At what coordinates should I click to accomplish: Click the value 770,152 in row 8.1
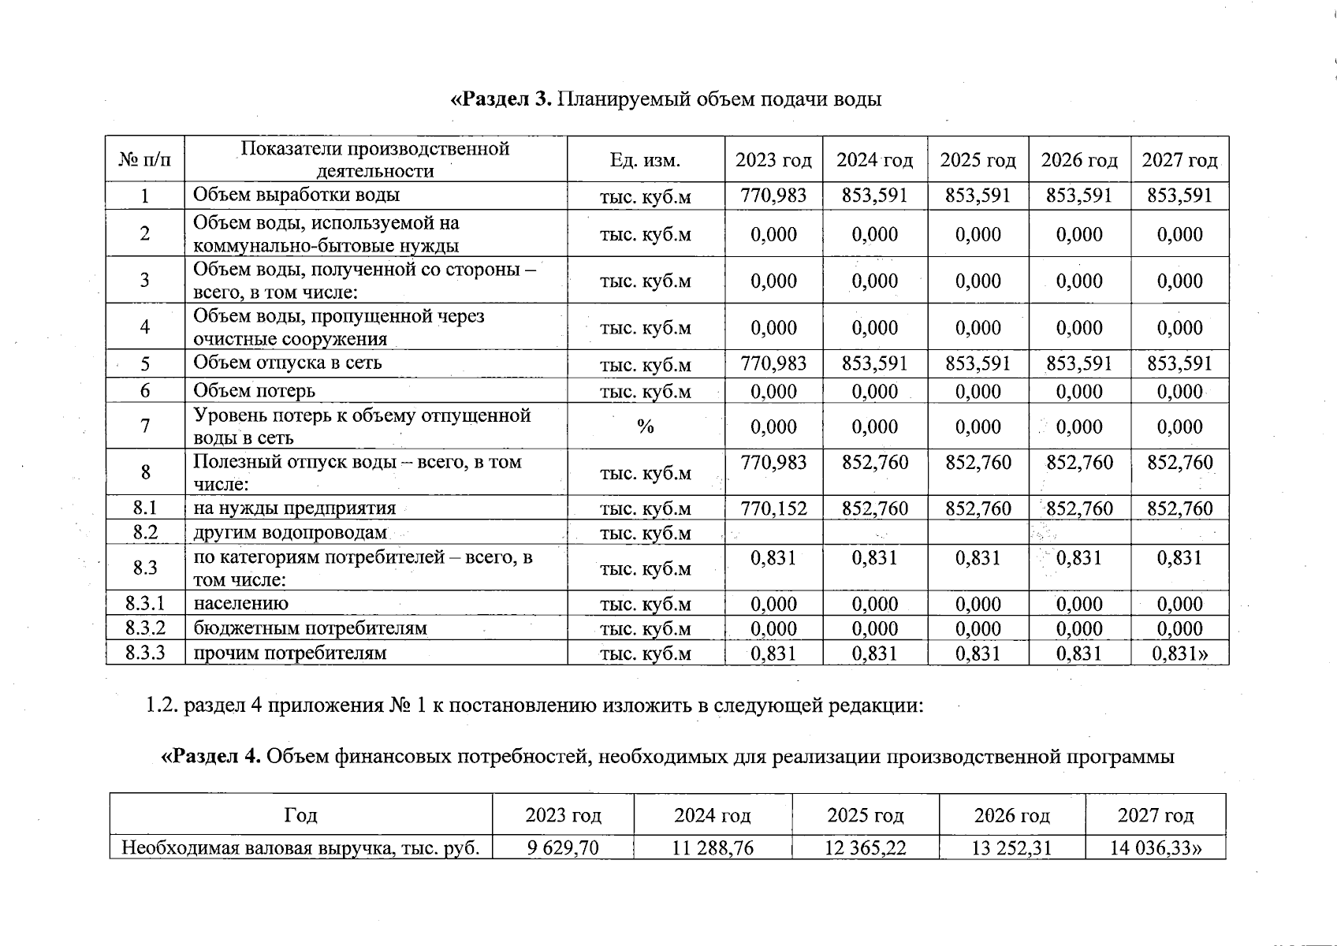(773, 508)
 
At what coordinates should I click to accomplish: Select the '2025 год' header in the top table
(978, 161)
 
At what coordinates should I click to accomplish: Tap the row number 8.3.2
(145, 628)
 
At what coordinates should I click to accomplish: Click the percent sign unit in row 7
(645, 426)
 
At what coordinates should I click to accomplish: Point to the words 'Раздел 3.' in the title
(501, 99)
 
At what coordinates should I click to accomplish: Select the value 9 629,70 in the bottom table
(562, 848)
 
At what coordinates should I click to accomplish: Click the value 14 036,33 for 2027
(1155, 848)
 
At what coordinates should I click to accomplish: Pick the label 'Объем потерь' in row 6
(254, 391)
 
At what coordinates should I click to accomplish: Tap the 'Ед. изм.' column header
(645, 161)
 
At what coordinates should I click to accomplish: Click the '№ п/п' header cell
(145, 161)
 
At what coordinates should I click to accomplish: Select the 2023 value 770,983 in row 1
(773, 196)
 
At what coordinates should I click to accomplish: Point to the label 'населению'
(240, 604)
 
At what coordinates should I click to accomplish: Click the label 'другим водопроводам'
(289, 533)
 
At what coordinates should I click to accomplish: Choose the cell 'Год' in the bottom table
(300, 815)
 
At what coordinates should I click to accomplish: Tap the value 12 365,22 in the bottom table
(865, 848)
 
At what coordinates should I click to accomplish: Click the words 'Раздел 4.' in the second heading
(211, 757)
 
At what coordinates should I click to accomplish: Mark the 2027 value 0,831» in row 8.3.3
(1179, 654)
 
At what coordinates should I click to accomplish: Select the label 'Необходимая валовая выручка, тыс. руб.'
(300, 848)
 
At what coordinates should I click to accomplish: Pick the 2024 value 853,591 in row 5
(874, 363)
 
